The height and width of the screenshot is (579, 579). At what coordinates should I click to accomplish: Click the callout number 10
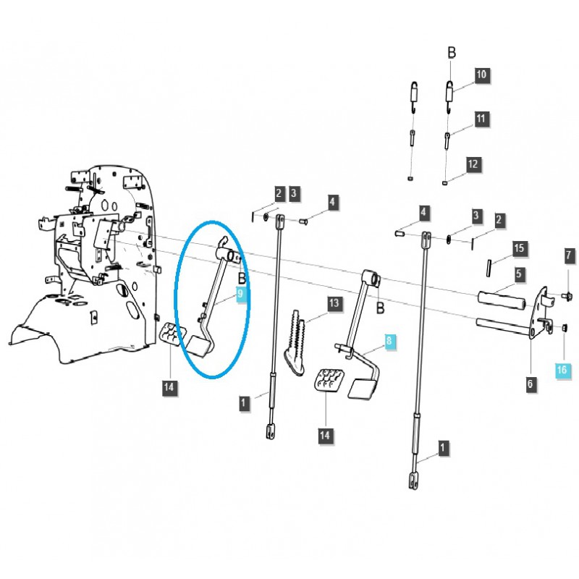(x=482, y=75)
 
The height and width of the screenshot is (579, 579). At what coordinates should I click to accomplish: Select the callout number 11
(x=482, y=118)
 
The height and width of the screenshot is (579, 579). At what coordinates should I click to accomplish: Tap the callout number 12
(x=473, y=164)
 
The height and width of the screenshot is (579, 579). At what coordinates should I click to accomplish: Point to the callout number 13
(x=333, y=303)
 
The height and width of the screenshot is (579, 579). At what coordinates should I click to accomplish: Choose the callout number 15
(x=518, y=248)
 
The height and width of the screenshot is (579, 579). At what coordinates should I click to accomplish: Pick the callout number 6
(x=569, y=255)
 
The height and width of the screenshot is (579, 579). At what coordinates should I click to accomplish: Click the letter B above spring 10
(x=452, y=53)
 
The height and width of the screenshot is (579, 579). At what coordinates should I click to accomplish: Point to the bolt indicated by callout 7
(x=567, y=295)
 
